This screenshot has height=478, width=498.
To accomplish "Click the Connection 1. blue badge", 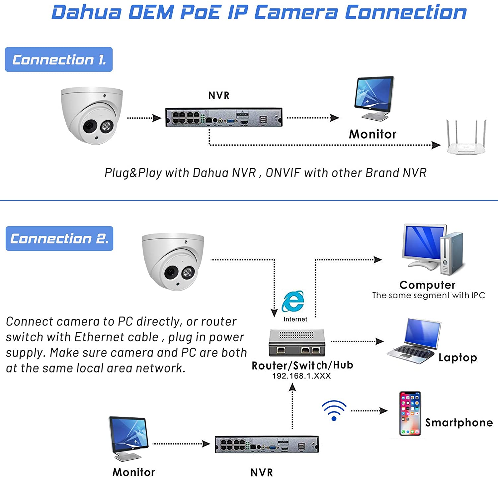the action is click(59, 59).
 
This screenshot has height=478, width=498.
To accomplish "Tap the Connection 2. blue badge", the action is click(59, 239).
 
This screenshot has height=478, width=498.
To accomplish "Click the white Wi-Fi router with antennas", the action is click(466, 137).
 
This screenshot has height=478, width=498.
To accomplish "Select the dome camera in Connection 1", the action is click(92, 115).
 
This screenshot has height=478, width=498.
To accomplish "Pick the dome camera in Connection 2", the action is click(173, 262).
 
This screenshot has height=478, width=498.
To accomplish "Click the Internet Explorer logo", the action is click(293, 301).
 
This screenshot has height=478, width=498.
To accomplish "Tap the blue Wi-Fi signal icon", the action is click(334, 410).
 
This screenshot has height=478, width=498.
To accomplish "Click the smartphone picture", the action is click(410, 413).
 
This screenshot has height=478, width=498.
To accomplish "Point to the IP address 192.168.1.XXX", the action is click(301, 376).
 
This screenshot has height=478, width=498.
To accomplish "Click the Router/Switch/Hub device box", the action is click(297, 343).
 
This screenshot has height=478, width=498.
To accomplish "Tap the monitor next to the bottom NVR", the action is click(129, 439).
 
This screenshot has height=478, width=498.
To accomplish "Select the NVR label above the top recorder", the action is click(219, 96).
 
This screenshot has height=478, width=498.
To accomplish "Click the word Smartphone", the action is click(459, 423).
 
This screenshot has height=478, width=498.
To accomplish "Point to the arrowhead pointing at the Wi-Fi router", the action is click(436, 145).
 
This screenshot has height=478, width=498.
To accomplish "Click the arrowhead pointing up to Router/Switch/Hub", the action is click(292, 387).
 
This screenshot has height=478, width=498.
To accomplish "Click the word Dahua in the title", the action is click(87, 12).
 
